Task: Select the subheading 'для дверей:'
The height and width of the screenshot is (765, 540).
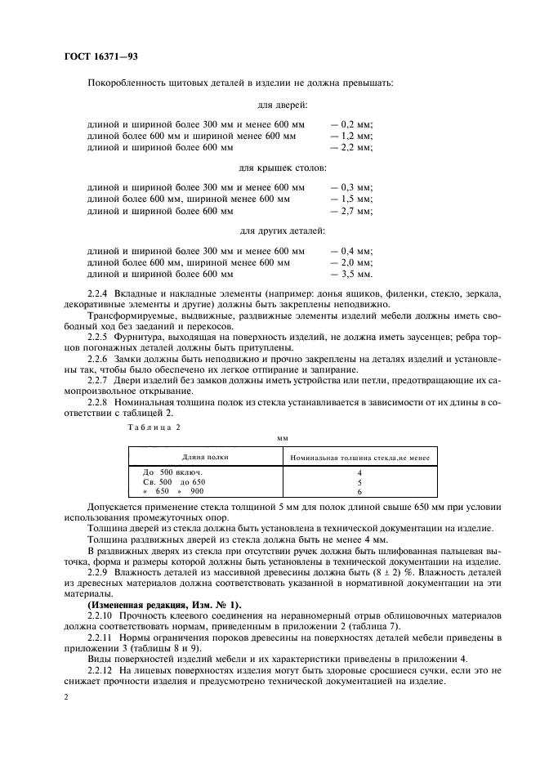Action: pos(282,105)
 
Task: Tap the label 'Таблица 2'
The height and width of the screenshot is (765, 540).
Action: pos(154,427)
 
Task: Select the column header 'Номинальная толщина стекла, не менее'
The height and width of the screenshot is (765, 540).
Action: pos(359,458)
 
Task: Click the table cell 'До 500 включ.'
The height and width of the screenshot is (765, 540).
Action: pos(172,472)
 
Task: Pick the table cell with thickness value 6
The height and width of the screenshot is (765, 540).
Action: pos(359,492)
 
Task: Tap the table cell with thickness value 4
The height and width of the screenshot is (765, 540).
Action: pos(359,472)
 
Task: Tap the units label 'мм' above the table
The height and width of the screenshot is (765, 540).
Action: pos(283,438)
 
